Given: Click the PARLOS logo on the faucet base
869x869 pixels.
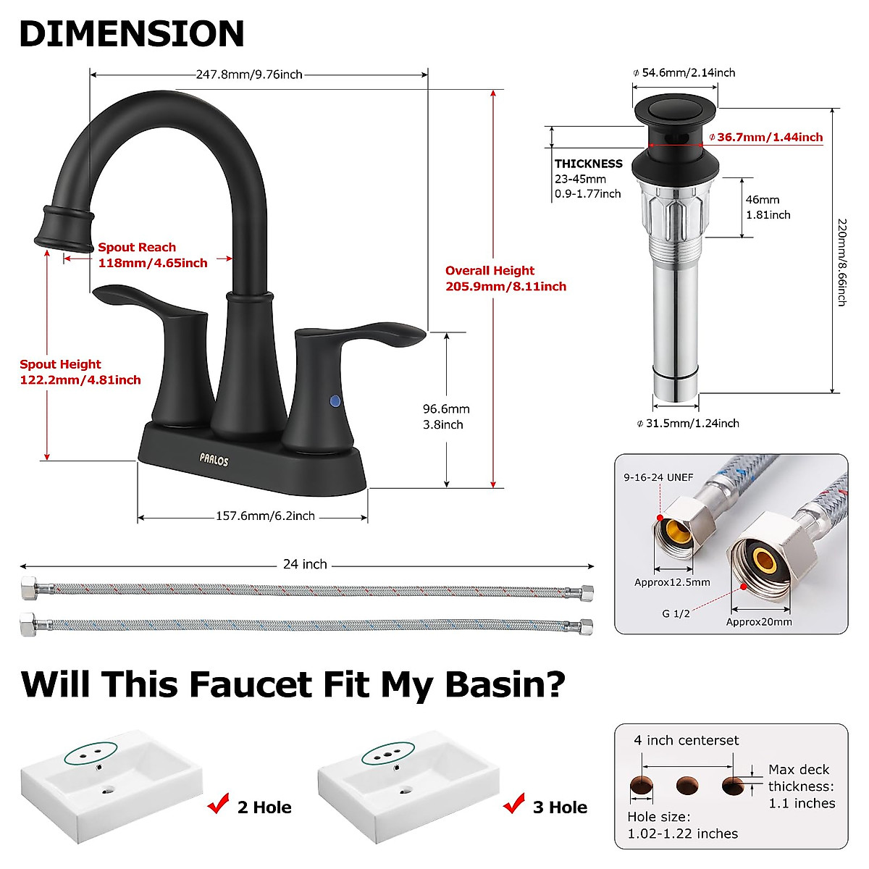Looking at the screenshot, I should point(214,459).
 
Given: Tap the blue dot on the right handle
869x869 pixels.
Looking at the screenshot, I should point(335,400).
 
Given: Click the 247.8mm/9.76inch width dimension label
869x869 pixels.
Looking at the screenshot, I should point(249,74).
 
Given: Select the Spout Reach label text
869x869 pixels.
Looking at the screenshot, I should point(138,248).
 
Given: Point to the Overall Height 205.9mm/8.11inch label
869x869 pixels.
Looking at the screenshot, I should point(505,279).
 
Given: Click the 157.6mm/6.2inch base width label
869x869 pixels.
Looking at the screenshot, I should point(265,516).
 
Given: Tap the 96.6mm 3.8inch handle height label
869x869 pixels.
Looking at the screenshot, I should point(446,417).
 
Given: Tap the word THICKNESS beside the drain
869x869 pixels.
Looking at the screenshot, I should point(588,164).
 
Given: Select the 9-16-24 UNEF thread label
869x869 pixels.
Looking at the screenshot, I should point(658,477).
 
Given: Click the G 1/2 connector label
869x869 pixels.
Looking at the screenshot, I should point(676,613).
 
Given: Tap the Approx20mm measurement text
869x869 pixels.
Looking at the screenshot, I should point(759,621).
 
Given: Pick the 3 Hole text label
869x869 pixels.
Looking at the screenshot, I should point(560,807).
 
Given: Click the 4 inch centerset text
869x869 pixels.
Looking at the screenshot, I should point(686,740).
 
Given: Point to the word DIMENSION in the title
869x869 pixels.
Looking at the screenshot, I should point(132,33).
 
